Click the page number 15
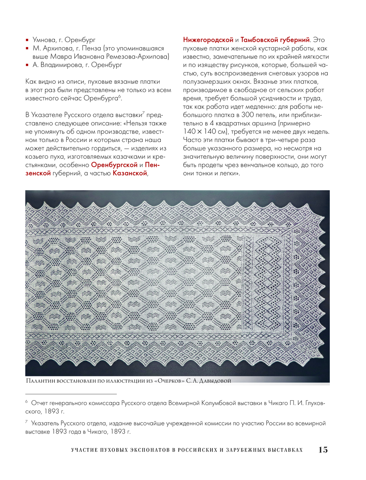click(x=323, y=450)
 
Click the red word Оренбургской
click(x=114, y=165)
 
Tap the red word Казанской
click(x=130, y=173)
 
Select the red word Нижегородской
click(x=208, y=40)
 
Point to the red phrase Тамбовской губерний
click(x=275, y=40)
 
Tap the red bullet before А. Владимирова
click(x=27, y=65)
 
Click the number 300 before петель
click(x=248, y=115)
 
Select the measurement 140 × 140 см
click(x=206, y=132)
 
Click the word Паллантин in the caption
click(x=40, y=381)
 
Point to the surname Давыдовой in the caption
click(x=215, y=381)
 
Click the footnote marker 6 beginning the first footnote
click(x=26, y=402)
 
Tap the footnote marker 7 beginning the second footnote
click(x=26, y=422)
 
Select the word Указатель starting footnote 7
click(x=45, y=423)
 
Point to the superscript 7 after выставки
click(x=143, y=113)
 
